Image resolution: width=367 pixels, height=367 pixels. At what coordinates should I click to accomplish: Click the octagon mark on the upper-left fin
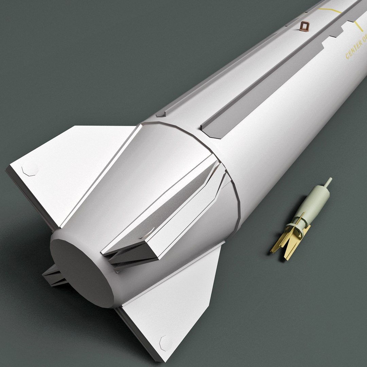30,170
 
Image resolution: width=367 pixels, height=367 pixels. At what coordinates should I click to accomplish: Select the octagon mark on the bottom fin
166,342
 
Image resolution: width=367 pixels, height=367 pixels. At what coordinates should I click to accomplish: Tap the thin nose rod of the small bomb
328,182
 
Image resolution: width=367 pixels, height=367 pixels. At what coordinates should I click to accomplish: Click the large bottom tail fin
170,306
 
